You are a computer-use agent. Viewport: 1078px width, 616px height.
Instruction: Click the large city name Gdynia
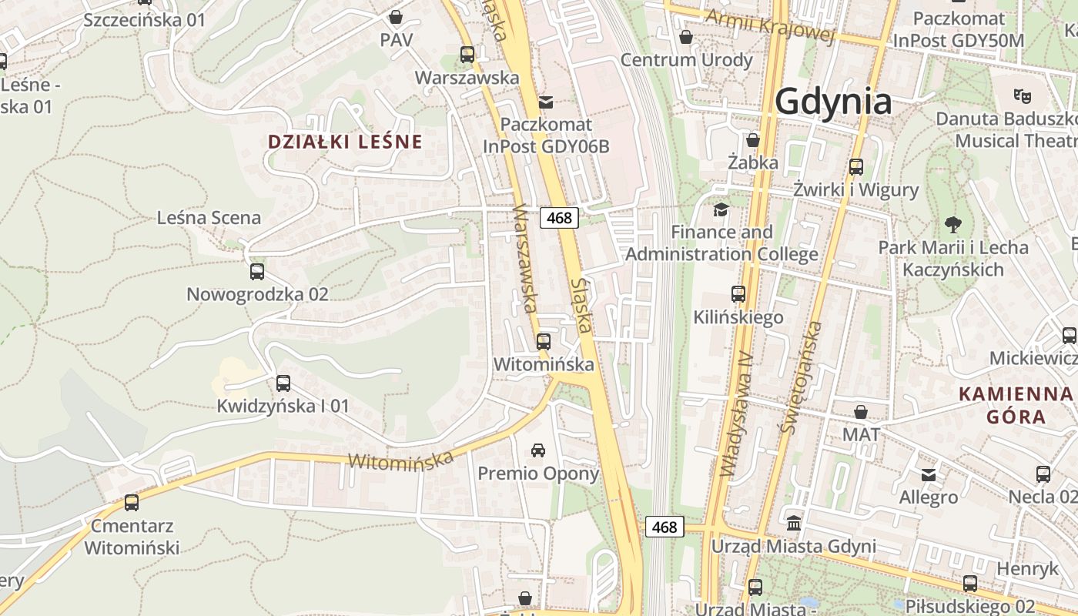click(833, 102)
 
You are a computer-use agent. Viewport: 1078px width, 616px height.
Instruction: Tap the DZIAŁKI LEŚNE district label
click(345, 142)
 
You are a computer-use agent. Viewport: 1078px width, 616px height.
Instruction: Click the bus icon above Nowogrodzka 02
click(257, 272)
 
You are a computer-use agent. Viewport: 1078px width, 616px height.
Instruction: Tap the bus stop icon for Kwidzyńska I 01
click(283, 383)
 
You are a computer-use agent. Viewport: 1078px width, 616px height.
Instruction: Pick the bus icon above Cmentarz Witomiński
click(132, 503)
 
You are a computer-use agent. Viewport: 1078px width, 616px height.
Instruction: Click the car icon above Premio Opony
click(538, 450)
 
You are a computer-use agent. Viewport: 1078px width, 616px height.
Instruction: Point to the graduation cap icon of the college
click(721, 209)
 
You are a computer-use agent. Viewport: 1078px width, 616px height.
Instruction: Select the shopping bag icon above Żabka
click(753, 140)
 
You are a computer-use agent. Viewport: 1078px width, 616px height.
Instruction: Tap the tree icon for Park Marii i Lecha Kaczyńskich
click(953, 225)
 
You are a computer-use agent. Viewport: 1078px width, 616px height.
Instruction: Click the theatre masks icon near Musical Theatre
click(1023, 96)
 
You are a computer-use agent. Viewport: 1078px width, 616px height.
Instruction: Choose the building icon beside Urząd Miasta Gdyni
click(794, 524)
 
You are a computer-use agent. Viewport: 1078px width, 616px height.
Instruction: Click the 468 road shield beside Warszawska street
click(559, 218)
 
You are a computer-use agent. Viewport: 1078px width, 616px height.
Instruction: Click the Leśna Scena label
click(209, 218)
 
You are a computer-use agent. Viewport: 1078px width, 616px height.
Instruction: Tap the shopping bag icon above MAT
click(861, 412)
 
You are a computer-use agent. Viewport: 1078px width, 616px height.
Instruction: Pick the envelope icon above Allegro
click(929, 474)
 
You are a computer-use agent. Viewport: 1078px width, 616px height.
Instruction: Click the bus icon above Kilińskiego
click(738, 293)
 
